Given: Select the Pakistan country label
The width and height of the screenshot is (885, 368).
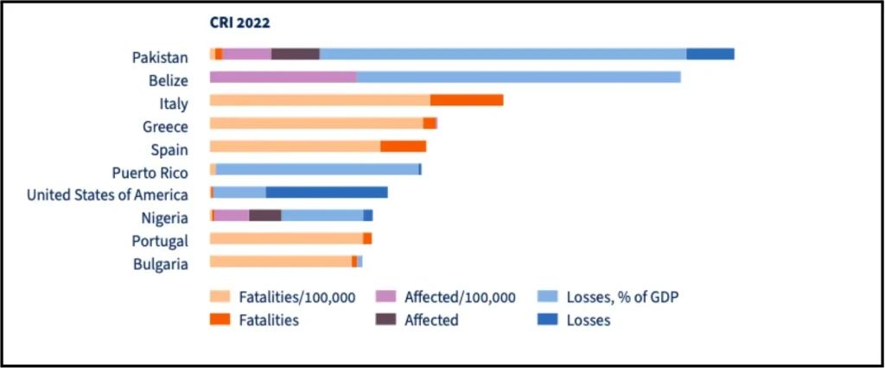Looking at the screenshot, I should (x=160, y=58).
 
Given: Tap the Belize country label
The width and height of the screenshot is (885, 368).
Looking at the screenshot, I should (x=169, y=80).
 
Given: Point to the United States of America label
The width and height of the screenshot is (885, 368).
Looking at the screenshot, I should (x=107, y=194).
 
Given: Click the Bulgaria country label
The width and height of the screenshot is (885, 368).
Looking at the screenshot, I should (x=160, y=263).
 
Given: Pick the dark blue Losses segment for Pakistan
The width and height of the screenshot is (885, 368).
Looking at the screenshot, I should (x=710, y=54).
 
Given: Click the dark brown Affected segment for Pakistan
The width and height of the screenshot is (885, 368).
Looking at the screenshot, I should (x=296, y=54).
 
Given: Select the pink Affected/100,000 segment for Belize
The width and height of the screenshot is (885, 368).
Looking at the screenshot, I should (x=283, y=77).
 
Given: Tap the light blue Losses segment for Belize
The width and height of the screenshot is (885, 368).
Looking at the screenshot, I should (x=519, y=77).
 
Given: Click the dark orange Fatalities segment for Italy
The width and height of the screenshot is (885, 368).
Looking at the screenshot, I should (x=467, y=100).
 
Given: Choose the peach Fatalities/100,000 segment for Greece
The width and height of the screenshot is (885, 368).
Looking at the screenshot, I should (x=316, y=123).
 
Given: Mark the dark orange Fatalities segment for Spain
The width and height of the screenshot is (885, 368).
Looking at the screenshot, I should (x=404, y=146).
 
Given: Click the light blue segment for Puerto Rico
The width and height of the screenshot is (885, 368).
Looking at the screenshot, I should (x=318, y=169).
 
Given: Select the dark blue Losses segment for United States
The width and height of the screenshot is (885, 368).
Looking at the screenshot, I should (x=327, y=192).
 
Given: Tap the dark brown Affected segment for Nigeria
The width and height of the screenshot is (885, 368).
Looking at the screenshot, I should (x=265, y=215).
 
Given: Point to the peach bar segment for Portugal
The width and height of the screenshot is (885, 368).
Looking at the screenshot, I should (x=286, y=238).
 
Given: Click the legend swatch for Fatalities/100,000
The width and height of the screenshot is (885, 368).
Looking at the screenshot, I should (x=220, y=296).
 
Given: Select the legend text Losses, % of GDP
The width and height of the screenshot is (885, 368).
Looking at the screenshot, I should (x=621, y=297).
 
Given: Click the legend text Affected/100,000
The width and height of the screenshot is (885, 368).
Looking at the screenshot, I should (x=460, y=297).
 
